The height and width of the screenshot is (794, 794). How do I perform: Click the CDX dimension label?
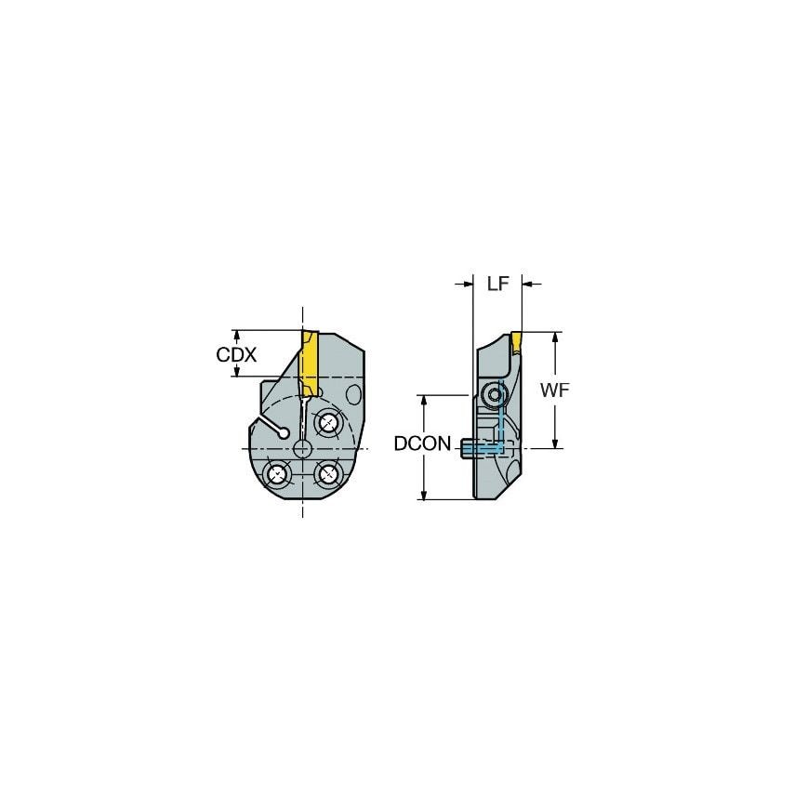(236, 355)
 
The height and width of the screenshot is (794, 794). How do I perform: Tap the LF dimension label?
(497, 284)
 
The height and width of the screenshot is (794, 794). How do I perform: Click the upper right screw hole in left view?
(328, 423)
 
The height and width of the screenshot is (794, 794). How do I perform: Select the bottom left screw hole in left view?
(277, 474)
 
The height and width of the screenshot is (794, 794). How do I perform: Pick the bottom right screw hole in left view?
(328, 474)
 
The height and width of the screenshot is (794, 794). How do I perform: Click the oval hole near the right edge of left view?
(353, 394)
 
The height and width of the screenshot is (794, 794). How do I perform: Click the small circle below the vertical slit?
(302, 449)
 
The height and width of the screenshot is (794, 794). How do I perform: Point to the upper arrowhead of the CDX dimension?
(237, 334)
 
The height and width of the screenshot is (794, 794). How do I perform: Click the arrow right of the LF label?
(530, 284)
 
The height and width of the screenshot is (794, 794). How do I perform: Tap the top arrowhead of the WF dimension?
(555, 337)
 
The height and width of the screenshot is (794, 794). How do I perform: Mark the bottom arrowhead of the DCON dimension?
(424, 495)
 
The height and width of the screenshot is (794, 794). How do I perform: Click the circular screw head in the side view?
(495, 397)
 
